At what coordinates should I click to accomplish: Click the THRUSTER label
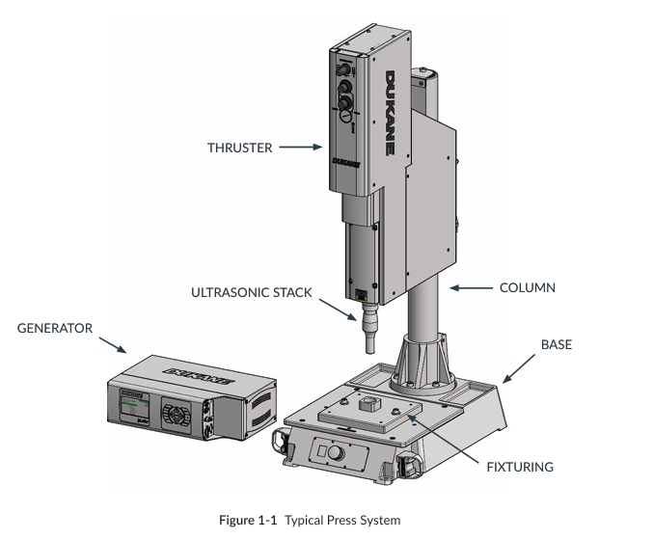point(239,148)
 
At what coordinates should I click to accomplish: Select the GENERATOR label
point(55,328)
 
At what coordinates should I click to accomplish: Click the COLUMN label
point(527,287)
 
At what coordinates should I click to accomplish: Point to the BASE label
point(556,344)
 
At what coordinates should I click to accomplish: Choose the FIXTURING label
point(520,467)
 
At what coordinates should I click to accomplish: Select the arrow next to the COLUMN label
point(470,287)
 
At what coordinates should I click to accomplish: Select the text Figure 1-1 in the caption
point(246,520)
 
